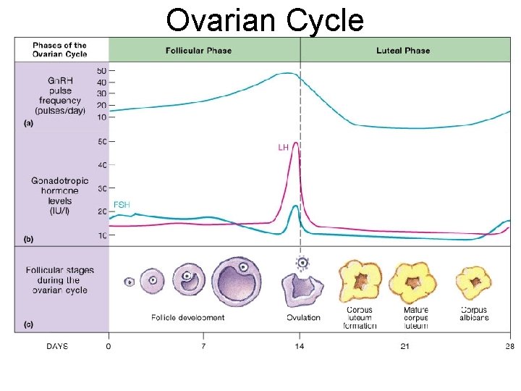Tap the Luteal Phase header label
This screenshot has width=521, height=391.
(x=403, y=51)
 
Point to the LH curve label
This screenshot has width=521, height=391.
(x=283, y=147)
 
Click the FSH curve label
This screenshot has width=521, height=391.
(x=122, y=205)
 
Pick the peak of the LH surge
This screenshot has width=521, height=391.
(x=296, y=143)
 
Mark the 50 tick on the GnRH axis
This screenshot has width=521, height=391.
(x=101, y=70)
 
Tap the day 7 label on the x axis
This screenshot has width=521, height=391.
(x=203, y=346)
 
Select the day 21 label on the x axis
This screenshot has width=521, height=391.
(x=404, y=346)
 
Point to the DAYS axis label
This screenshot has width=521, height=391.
(x=57, y=346)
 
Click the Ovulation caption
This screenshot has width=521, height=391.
(x=302, y=318)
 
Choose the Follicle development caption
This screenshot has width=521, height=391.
(x=187, y=318)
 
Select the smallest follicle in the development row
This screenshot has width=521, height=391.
(x=130, y=282)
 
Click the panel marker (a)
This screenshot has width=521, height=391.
(x=28, y=124)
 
